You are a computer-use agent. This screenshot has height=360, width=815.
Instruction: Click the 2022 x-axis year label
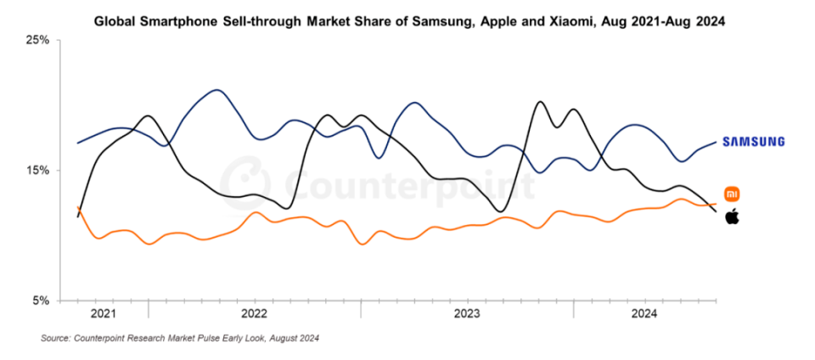click(255, 313)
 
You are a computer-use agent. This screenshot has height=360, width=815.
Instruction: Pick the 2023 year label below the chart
click(467, 313)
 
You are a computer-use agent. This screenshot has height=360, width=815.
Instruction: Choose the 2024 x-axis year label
click(645, 313)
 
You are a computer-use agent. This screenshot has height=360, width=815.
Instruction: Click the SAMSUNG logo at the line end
click(754, 142)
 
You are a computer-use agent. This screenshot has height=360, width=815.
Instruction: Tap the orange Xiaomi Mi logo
click(731, 194)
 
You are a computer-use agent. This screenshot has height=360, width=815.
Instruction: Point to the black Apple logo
click(732, 217)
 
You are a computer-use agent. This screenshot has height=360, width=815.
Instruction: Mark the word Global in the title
click(115, 21)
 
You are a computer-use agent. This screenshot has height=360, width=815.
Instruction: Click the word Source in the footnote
click(57, 339)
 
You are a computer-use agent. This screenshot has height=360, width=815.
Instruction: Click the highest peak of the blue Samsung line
click(217, 89)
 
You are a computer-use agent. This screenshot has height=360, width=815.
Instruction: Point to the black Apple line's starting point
click(78, 217)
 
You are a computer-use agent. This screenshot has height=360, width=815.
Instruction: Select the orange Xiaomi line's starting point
click(78, 206)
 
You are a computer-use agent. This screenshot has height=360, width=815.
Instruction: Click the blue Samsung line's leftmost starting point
click(78, 143)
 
